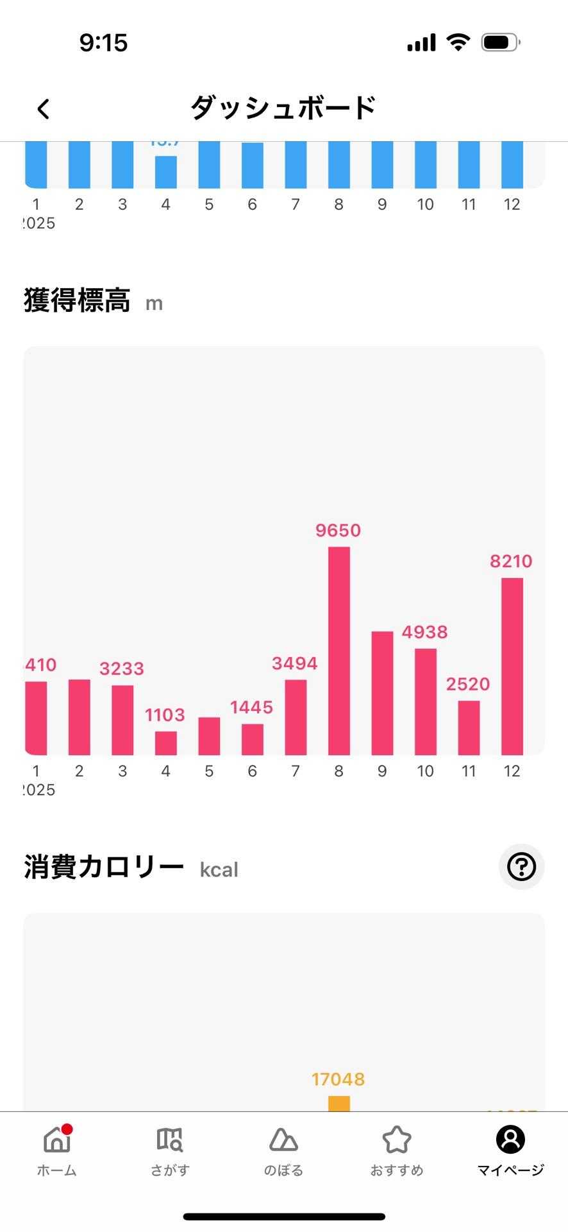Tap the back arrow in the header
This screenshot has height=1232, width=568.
43,108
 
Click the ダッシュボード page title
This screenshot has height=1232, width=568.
283,108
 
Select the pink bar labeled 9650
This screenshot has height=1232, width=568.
338,651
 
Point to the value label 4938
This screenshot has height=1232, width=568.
424,632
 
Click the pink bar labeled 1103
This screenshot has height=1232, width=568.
165,743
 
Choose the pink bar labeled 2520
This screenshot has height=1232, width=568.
469,728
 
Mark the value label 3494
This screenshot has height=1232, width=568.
295,663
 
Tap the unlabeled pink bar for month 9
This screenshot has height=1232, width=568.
382,693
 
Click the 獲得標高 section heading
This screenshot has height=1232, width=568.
77,300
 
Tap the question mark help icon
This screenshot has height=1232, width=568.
521,867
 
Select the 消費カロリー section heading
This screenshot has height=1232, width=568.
104,868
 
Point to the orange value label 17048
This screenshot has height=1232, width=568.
338,1079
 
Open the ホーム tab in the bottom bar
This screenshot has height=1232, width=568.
57,1151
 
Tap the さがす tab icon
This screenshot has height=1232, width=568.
170,1140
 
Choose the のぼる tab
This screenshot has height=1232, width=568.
283,1151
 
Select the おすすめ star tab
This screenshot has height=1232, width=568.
396,1151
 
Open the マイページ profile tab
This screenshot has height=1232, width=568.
510,1151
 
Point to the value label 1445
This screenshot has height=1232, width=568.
251,707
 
